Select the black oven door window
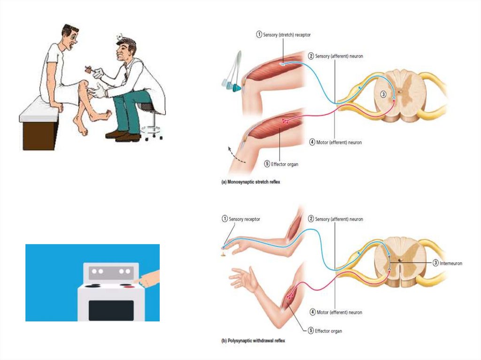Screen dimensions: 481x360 (x=111, y=310)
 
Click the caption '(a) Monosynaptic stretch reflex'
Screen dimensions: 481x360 (x=250, y=182)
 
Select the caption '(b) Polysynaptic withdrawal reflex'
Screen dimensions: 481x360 (x=253, y=341)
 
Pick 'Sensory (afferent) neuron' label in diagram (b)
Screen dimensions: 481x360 (x=335, y=219)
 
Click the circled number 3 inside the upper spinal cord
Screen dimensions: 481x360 (x=383, y=94)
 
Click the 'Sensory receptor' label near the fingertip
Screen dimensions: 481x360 (x=244, y=219)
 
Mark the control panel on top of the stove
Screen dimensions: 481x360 (x=111, y=271)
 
